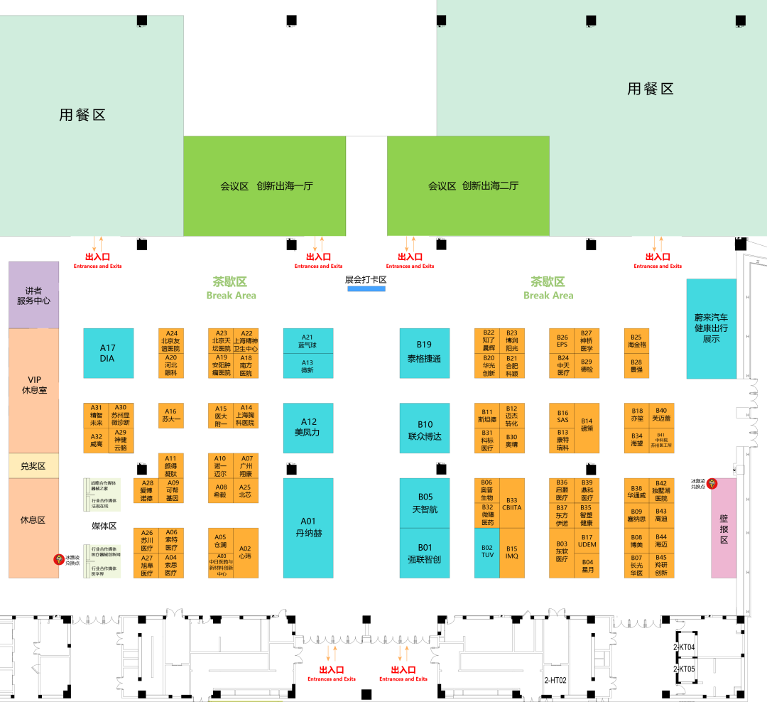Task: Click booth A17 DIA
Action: (108, 353)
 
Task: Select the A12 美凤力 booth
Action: (308, 428)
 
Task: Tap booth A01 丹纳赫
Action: (308, 527)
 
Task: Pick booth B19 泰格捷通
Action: (424, 353)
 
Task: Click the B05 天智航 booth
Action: (424, 503)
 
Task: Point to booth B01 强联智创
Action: (424, 553)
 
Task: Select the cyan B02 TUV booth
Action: (487, 552)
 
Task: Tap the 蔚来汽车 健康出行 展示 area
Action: (711, 328)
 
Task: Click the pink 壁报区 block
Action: (724, 529)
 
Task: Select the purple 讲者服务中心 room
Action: (33, 295)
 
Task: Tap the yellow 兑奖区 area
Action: (33, 465)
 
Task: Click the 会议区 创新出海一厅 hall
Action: (265, 186)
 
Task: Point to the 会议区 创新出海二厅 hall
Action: (468, 186)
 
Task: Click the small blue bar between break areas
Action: (366, 288)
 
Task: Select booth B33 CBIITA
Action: (512, 503)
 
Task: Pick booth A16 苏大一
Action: (170, 416)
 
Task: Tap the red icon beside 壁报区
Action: (712, 484)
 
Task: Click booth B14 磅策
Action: (587, 428)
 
